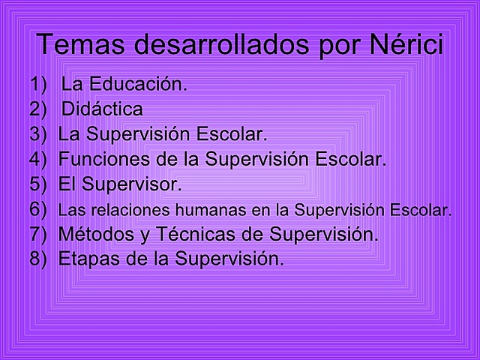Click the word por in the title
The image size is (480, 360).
pyautogui.click(x=323, y=44)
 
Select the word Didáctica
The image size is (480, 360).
pyautogui.click(x=102, y=109)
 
